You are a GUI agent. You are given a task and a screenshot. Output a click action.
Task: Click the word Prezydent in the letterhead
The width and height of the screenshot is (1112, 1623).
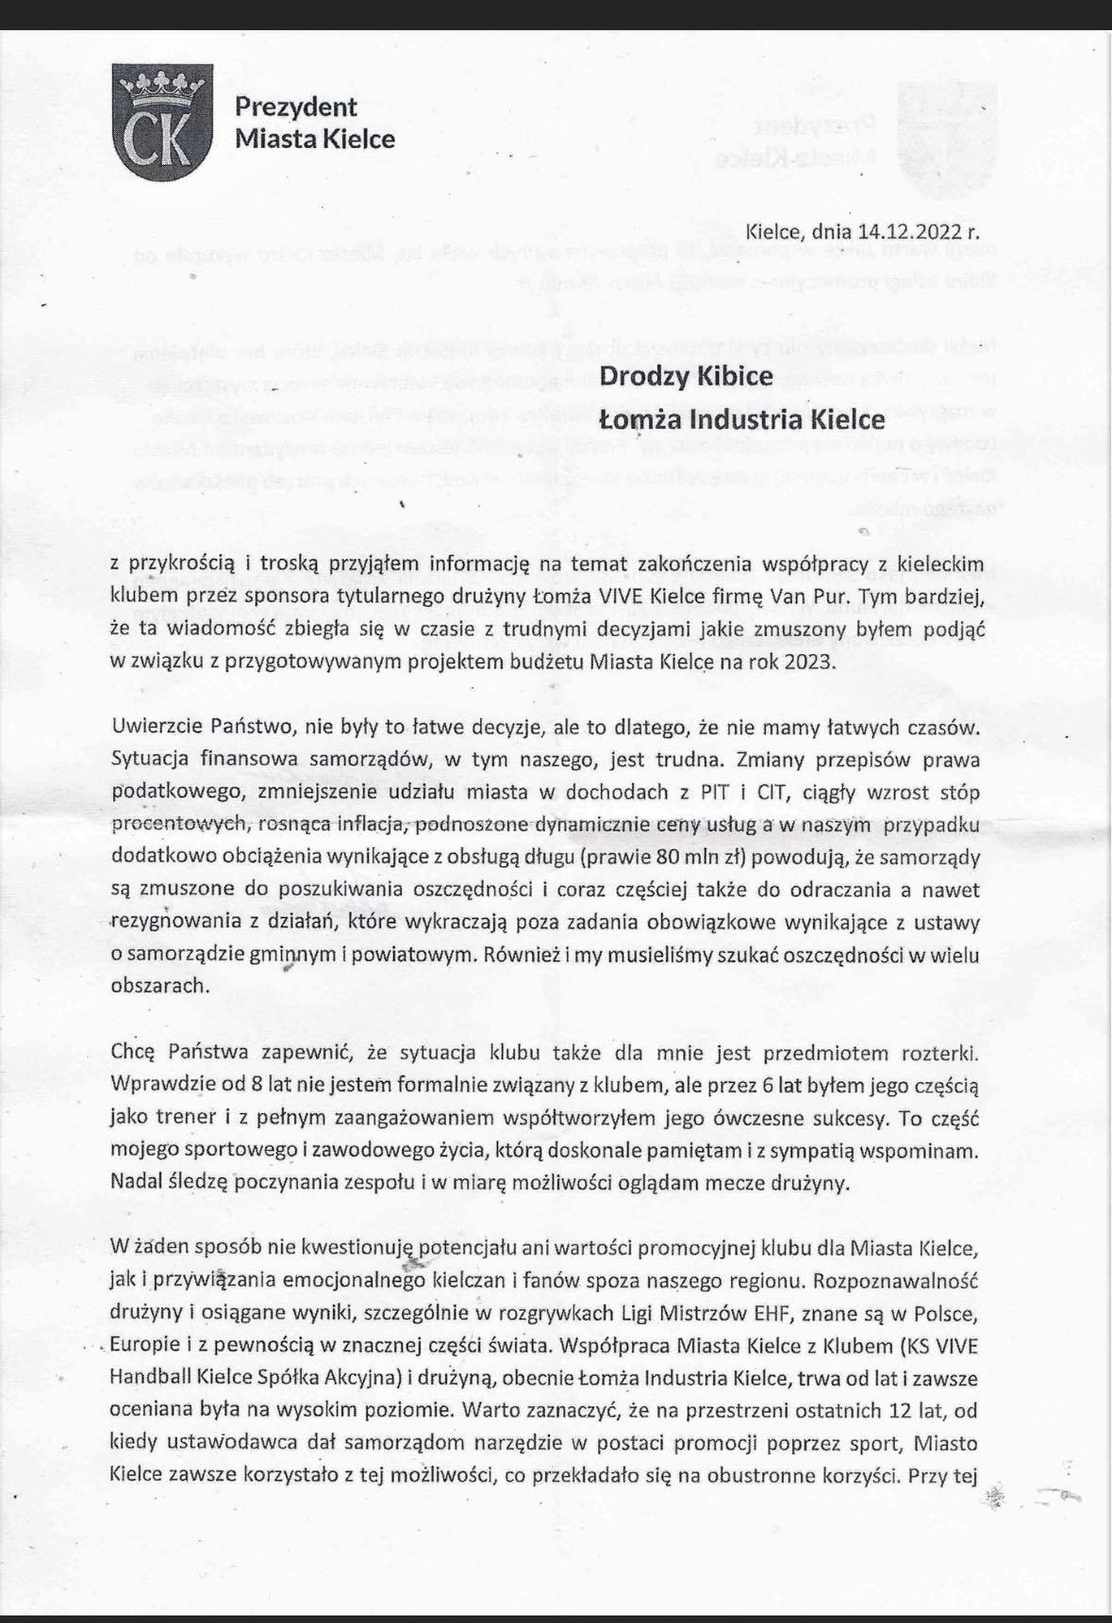point(296,107)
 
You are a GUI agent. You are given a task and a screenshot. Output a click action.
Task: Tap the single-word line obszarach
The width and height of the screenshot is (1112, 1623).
point(158,986)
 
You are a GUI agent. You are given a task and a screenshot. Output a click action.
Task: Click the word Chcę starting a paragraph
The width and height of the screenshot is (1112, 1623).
point(131,1052)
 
